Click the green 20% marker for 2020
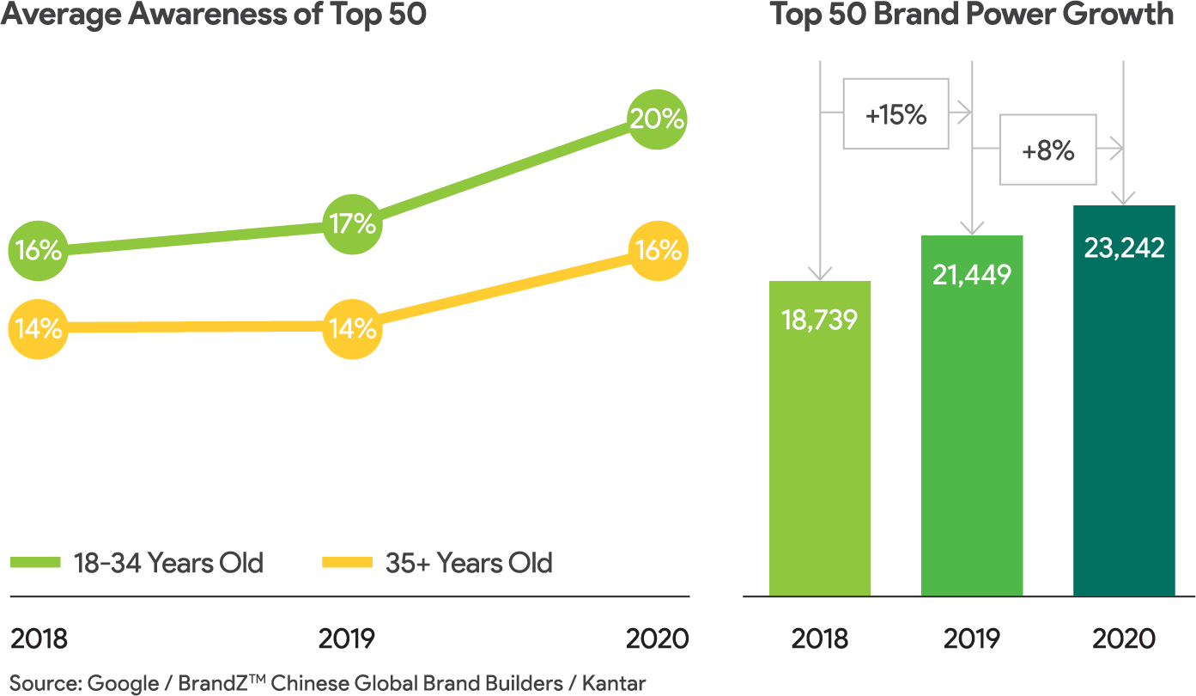point(657,119)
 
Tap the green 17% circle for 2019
point(352,225)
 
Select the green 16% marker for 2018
point(37,251)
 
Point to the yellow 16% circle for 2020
point(659,251)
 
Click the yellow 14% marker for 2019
point(352,328)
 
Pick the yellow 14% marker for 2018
point(37,328)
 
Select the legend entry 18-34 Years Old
point(137,564)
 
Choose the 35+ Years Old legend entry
point(438,564)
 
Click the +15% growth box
point(895,114)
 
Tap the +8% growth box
point(1047,150)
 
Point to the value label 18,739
point(820,319)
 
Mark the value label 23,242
point(1124,247)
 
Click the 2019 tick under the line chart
point(347,639)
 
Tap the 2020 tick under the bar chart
point(1124,639)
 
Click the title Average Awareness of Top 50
point(214,15)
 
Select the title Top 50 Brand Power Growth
point(971,15)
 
